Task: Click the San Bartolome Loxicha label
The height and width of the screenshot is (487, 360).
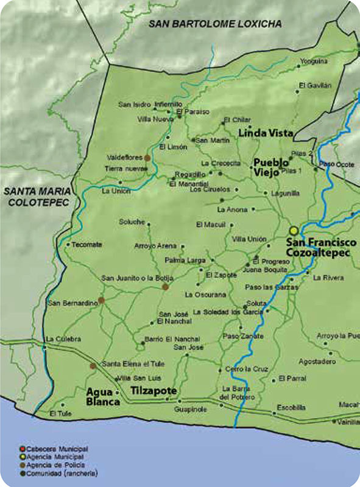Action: point(216,24)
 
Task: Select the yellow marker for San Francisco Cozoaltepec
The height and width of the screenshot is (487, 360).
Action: point(294,231)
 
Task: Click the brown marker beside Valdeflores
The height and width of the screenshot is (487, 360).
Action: point(147,157)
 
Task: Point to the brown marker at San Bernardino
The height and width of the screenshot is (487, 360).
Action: point(102,300)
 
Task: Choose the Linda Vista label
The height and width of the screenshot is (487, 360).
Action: point(266,133)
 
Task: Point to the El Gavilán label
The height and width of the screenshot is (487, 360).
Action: point(315,85)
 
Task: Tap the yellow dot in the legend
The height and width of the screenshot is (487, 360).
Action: point(21,457)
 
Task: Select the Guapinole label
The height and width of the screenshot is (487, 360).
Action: point(191,410)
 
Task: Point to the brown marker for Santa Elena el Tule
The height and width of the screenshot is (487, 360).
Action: point(93,366)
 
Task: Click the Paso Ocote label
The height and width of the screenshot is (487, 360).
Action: point(337,165)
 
